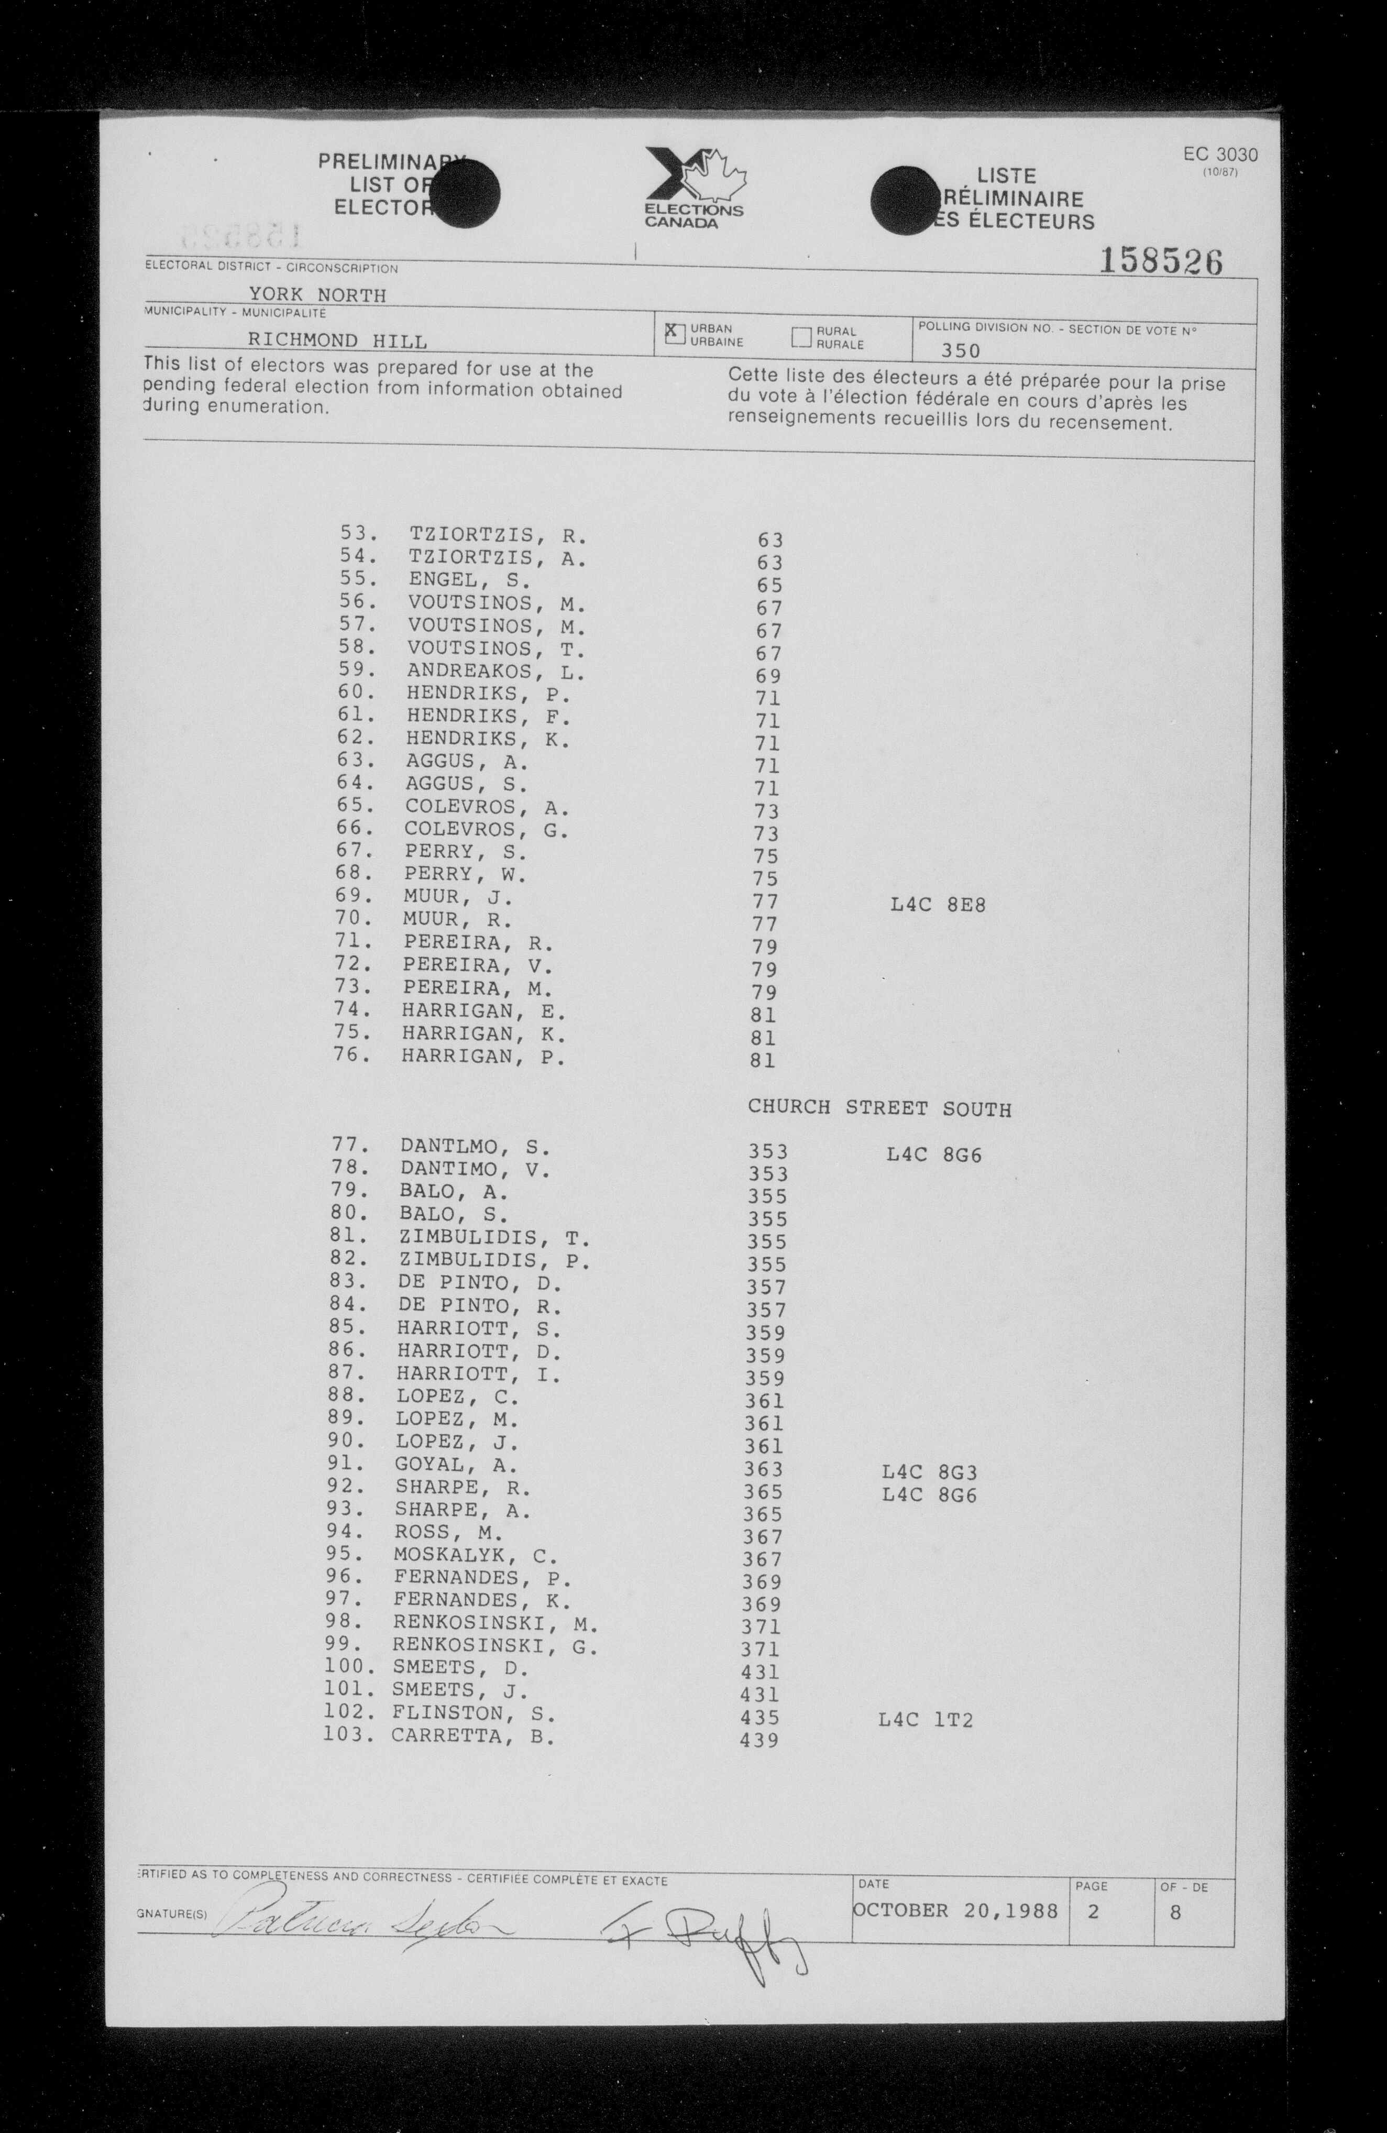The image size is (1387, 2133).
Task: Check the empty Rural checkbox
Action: (801, 337)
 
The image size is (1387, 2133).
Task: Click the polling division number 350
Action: (961, 350)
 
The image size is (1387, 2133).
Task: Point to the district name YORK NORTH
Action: (317, 295)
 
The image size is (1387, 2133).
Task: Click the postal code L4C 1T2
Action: (927, 1720)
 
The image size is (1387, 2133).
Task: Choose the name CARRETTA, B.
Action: (472, 1736)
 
